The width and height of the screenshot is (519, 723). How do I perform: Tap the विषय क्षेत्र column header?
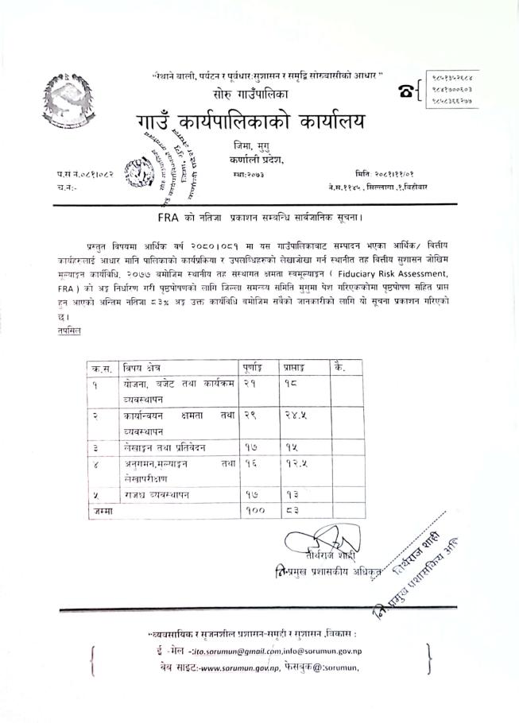click(x=146, y=367)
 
